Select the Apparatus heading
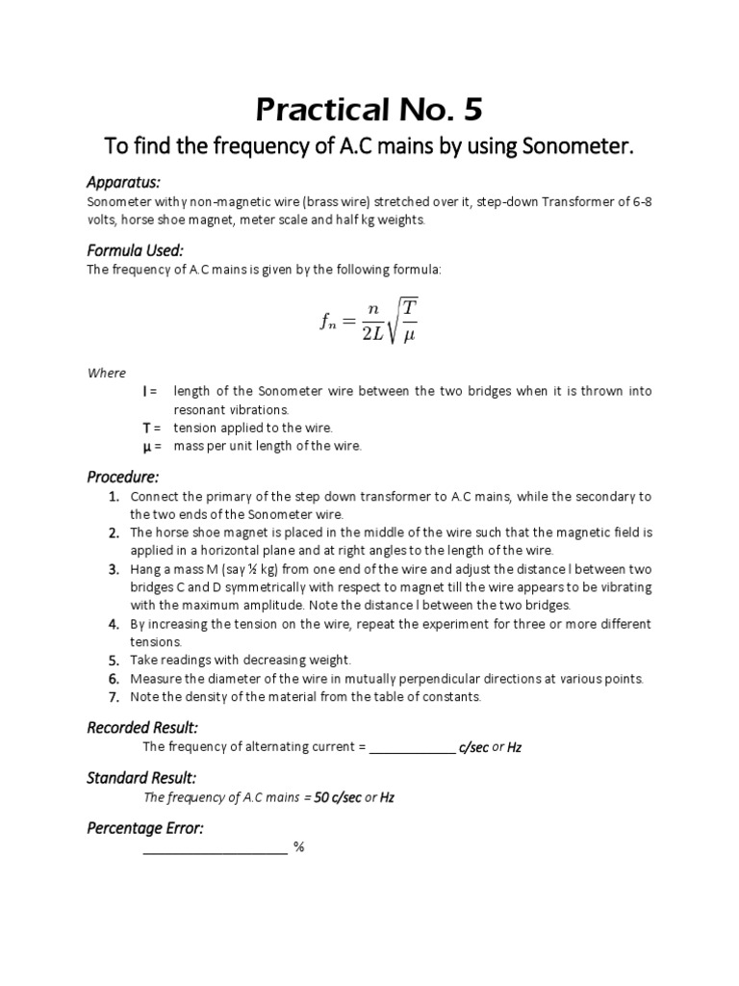point(123,183)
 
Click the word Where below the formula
point(106,374)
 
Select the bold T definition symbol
point(145,428)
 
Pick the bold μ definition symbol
point(145,446)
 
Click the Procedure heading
point(123,477)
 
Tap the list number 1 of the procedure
point(114,497)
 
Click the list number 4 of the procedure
point(114,624)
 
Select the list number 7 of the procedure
point(114,696)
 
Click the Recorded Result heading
point(142,727)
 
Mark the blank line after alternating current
point(412,748)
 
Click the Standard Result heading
point(141,777)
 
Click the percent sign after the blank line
point(299,848)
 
